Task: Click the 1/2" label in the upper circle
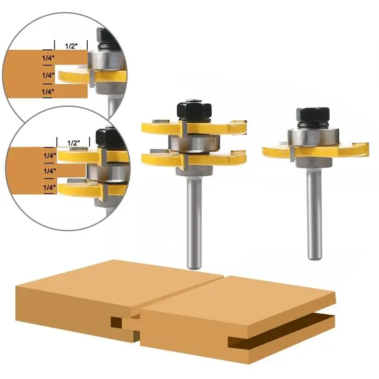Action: click(71, 46)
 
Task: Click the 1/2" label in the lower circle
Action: click(73, 143)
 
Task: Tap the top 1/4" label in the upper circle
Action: click(48, 58)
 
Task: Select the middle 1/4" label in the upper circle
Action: click(48, 75)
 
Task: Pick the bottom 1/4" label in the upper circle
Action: click(48, 92)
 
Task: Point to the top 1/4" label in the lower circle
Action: click(50, 155)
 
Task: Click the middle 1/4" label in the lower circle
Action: click(50, 171)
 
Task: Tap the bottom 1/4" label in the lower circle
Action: click(49, 188)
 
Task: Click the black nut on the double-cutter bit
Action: click(194, 111)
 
